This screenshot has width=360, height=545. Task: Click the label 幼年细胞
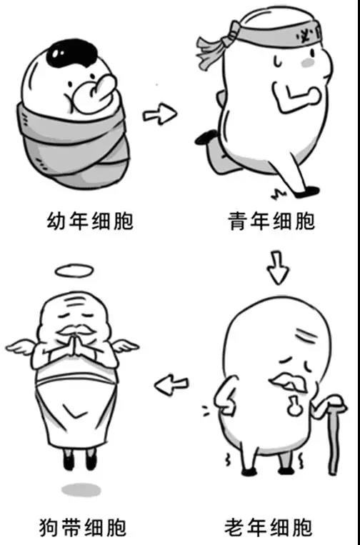[90, 221]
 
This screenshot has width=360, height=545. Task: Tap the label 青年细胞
[271, 221]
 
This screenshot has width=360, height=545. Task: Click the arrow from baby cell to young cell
[160, 114]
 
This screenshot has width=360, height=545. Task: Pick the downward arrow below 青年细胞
[278, 267]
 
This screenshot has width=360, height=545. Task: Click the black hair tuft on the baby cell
[74, 52]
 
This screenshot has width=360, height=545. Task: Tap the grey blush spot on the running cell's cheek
[309, 63]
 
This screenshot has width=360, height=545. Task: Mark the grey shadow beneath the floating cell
[81, 490]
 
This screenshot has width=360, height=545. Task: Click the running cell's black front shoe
[307, 191]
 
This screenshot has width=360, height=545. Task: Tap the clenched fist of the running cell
[310, 96]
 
